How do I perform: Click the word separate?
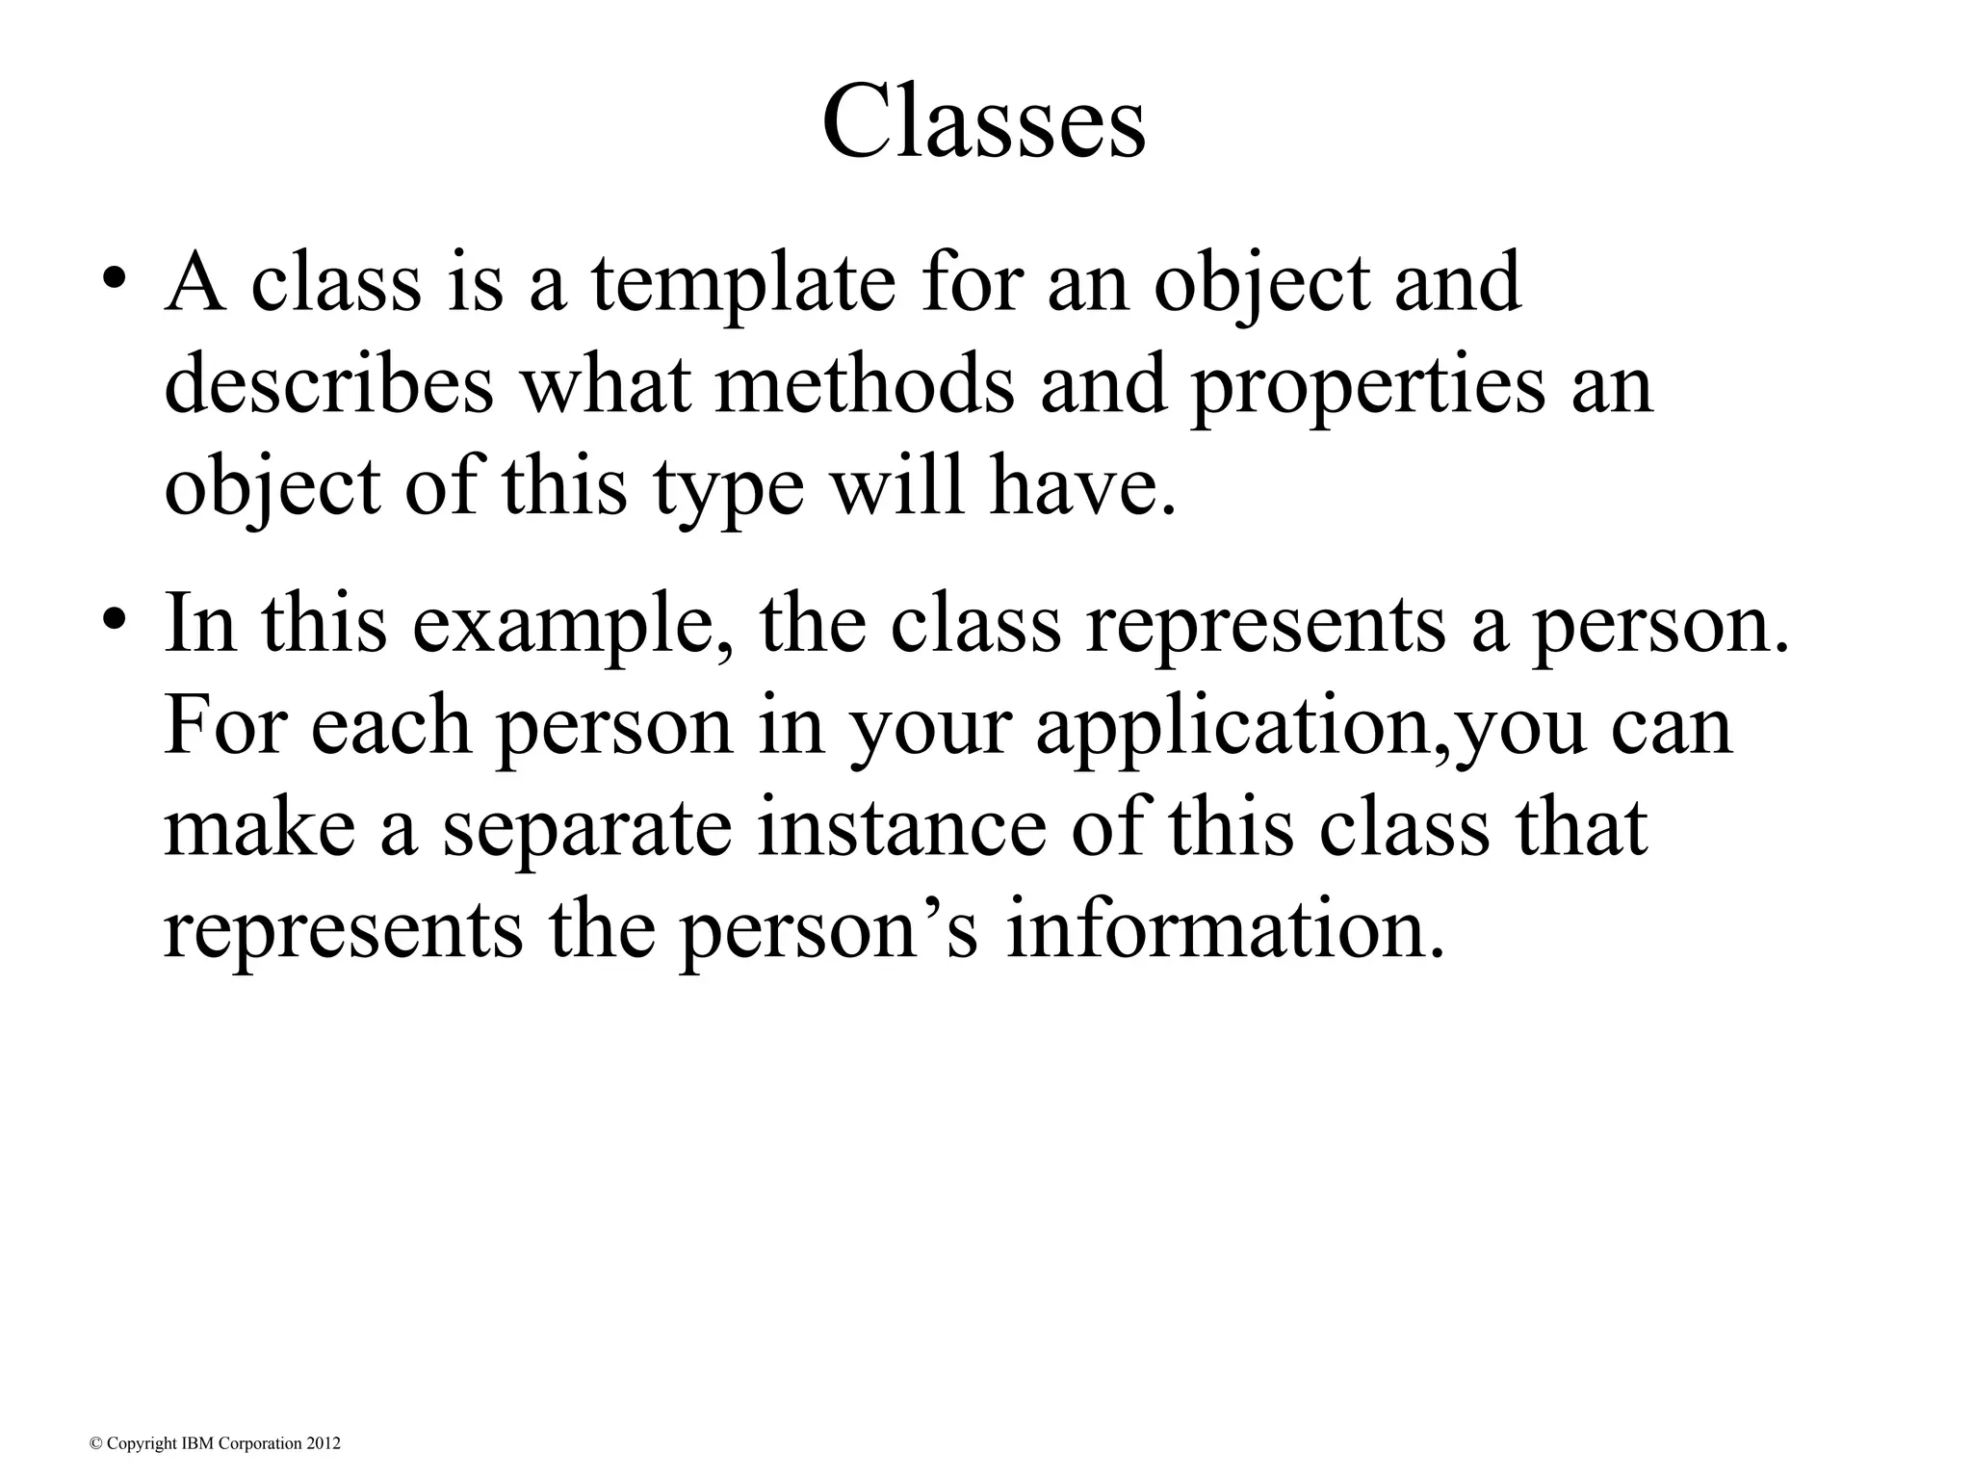pos(587,831)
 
